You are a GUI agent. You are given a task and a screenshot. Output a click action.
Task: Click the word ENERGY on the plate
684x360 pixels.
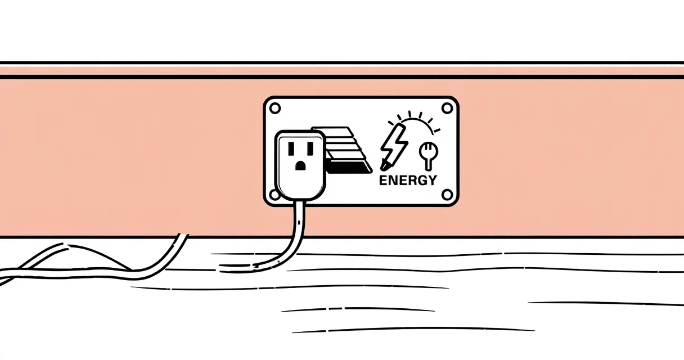(408, 180)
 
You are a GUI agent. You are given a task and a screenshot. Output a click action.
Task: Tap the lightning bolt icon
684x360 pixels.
(394, 147)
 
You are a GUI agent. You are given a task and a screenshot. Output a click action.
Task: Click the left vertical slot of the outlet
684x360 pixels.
(291, 148)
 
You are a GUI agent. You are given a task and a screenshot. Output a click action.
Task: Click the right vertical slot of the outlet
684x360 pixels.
(310, 148)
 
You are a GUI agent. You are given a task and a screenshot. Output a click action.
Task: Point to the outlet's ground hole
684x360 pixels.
(300, 166)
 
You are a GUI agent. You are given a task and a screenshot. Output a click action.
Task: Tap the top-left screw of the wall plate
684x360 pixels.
(275, 109)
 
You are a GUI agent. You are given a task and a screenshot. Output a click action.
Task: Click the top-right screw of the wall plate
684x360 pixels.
(447, 108)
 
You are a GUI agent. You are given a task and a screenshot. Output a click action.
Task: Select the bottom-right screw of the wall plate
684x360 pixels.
(447, 195)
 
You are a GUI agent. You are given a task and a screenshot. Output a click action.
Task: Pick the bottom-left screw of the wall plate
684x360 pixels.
(274, 195)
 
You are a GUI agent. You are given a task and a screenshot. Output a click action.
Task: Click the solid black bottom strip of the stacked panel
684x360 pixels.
(349, 169)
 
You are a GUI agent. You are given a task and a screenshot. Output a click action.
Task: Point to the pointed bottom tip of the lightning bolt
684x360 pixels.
(382, 169)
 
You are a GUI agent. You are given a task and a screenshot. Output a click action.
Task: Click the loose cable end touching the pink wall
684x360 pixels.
(183, 236)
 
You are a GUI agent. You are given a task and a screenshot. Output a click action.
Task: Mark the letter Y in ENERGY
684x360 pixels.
(432, 180)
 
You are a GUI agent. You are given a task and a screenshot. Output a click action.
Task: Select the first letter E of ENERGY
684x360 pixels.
(383, 180)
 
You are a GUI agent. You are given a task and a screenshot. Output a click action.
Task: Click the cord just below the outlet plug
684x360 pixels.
(300, 214)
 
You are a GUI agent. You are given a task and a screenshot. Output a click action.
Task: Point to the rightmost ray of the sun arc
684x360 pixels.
(437, 130)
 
